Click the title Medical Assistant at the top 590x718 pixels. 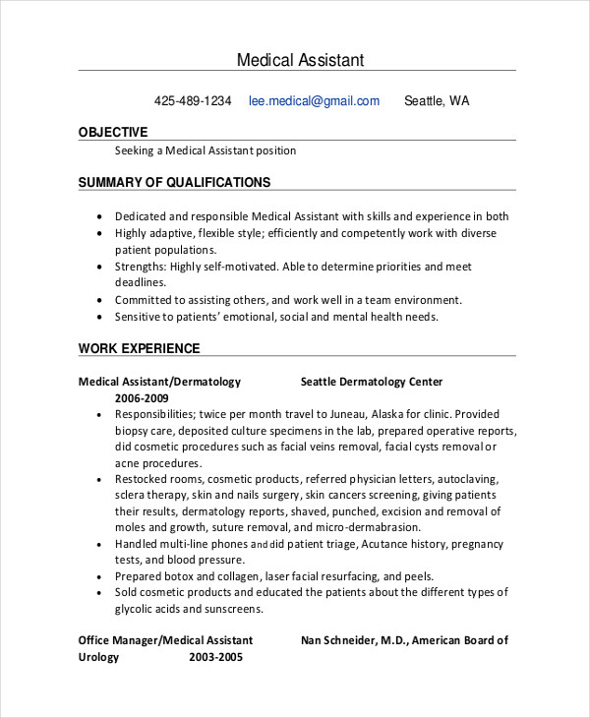(300, 60)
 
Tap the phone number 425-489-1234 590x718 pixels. (193, 100)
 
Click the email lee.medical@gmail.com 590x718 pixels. (314, 100)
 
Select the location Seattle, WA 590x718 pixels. (437, 100)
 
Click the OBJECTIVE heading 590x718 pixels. (113, 132)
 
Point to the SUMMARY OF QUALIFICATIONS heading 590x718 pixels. (174, 182)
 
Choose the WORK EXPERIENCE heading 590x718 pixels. (139, 348)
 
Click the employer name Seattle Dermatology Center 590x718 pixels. (372, 382)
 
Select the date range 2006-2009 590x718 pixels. (142, 398)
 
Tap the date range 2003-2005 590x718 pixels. (216, 657)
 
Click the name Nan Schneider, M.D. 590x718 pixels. (352, 640)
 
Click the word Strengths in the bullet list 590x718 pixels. (140, 267)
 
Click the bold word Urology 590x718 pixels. (98, 657)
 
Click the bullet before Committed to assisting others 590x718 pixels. (100, 301)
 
